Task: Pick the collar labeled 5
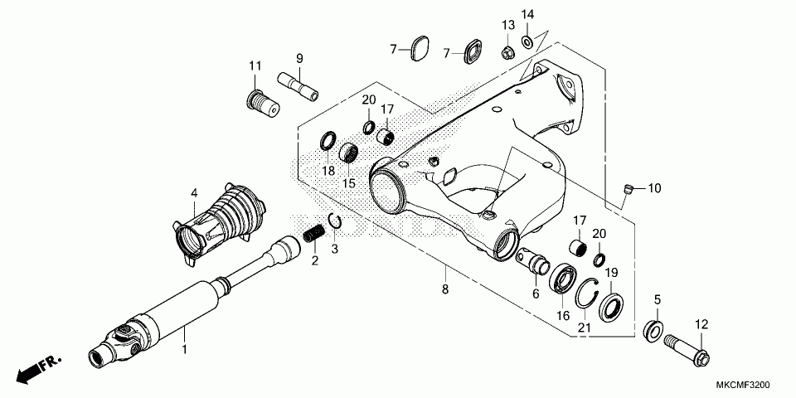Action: coord(654,328)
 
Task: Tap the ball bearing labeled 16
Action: coord(564,278)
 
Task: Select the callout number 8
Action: coord(445,289)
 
